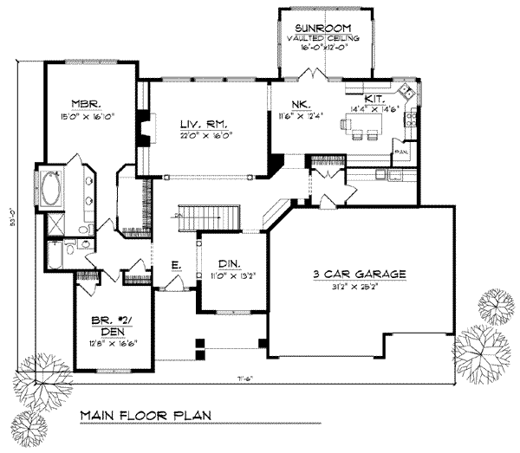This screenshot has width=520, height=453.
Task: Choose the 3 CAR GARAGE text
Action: [x=359, y=275]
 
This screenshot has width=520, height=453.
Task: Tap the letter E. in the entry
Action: [x=175, y=265]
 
